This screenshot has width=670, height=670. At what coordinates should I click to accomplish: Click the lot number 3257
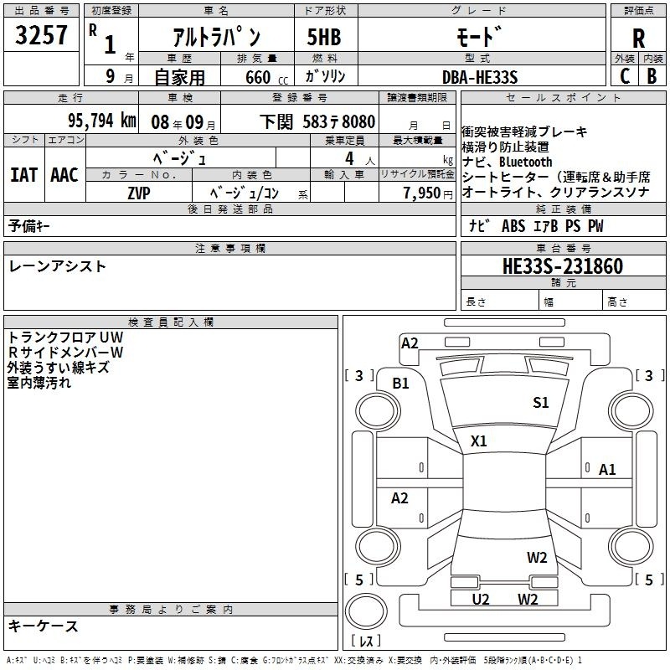pos(41,35)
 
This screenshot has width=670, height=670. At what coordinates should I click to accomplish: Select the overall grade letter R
pos(638,39)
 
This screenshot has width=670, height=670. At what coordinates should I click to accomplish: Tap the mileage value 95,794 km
pos(101,121)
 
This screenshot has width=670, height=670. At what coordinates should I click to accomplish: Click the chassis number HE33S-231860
pos(563,266)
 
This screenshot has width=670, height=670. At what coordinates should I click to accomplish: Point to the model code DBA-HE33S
pos(480,77)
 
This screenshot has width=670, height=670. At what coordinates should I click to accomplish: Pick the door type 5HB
pos(324,37)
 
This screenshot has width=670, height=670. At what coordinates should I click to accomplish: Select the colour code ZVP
pos(139,193)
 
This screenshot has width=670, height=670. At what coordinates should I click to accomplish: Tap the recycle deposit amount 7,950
pos(422,193)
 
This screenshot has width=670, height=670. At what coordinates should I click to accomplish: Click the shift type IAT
pos(24,175)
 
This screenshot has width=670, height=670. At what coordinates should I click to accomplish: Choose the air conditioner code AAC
pos(64,175)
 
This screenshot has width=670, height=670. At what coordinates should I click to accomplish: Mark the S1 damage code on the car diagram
pos(540,403)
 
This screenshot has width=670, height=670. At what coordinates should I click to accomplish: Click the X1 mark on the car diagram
pos(478,441)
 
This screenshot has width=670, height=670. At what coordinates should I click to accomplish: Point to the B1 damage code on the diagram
pos(401,384)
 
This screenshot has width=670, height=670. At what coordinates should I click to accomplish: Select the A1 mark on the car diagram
pos(607,470)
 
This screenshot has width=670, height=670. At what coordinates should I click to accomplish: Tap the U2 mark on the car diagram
pos(480,600)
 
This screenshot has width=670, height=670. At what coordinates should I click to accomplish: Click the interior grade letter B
pos(652,76)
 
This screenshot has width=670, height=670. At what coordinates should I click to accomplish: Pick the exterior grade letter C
pos(625,76)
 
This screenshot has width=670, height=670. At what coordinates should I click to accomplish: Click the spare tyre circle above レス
pos(366,611)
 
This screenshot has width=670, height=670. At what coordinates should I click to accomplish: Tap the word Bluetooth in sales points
pos(526,162)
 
